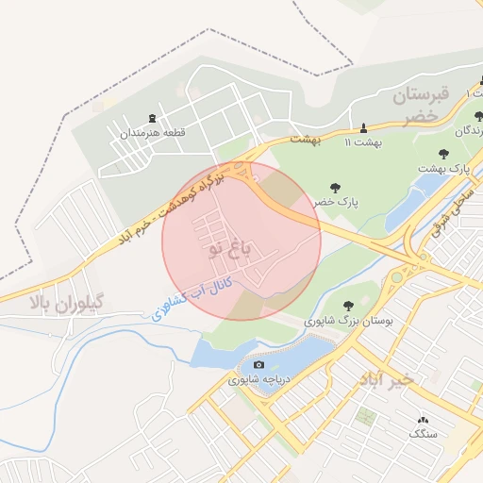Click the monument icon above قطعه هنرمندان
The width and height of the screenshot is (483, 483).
click(x=153, y=119)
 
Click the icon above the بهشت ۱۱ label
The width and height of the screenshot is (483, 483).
click(x=363, y=127)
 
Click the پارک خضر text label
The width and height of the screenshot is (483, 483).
click(x=337, y=203)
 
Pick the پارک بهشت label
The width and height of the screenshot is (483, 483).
click(x=445, y=168)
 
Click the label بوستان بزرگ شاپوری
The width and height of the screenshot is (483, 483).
click(x=348, y=321)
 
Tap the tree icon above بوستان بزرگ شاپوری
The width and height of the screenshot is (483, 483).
click(x=349, y=306)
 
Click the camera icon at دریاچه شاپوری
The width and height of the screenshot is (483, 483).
click(x=259, y=365)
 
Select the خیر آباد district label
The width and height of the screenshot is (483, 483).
click(x=386, y=378)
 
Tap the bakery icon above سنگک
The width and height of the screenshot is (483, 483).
click(x=422, y=419)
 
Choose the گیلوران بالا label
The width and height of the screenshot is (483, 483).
click(x=66, y=303)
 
